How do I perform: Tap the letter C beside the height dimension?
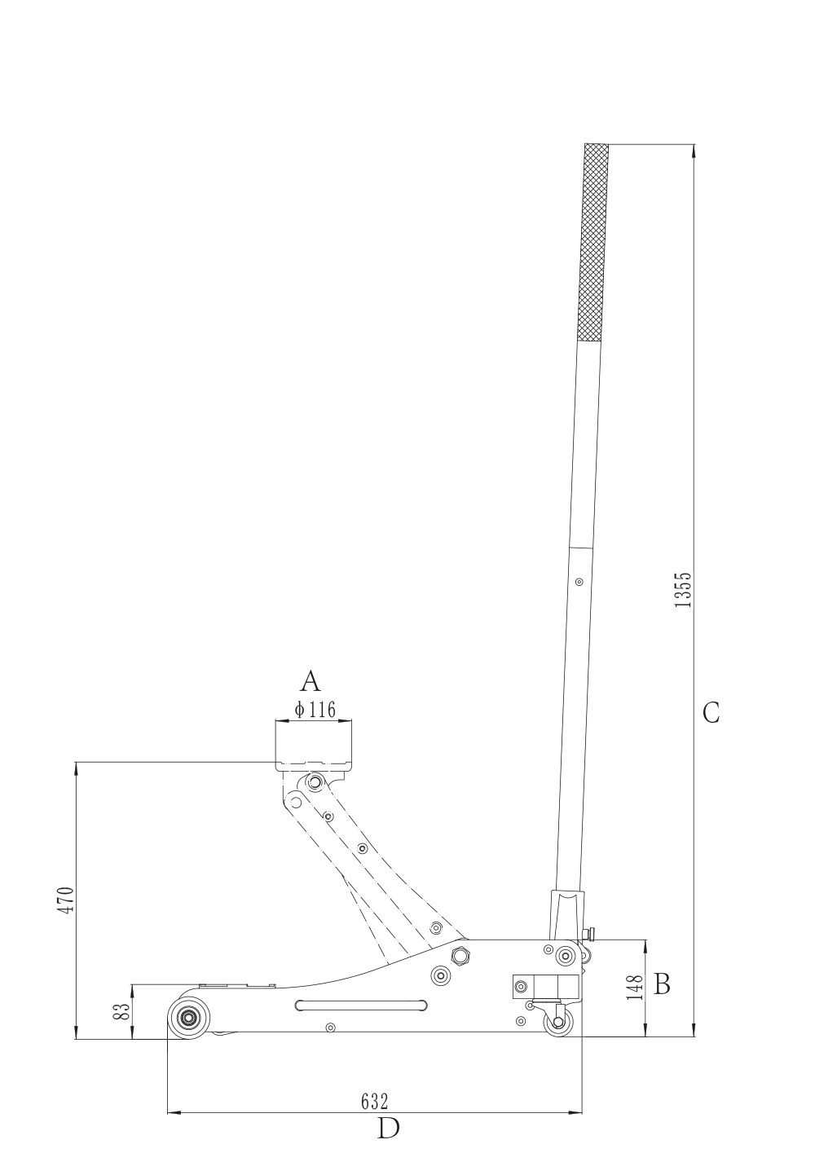[x=711, y=714]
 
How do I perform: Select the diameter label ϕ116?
[x=315, y=709]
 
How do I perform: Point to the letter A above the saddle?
[x=311, y=681]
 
